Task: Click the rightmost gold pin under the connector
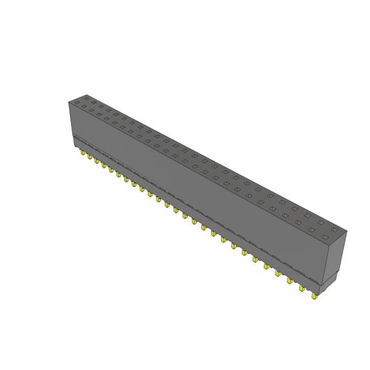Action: pyautogui.click(x=315, y=296)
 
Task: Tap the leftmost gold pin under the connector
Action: pyautogui.click(x=82, y=152)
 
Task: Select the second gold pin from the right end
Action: pyautogui.click(x=302, y=287)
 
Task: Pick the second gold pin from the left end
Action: pyautogui.click(x=89, y=157)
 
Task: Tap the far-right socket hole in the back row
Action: pyautogui.click(x=334, y=229)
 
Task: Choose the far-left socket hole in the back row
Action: pyautogui.click(x=86, y=99)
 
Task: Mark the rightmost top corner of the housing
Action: pyautogui.click(x=347, y=232)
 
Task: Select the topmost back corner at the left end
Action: pyautogui.click(x=79, y=95)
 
